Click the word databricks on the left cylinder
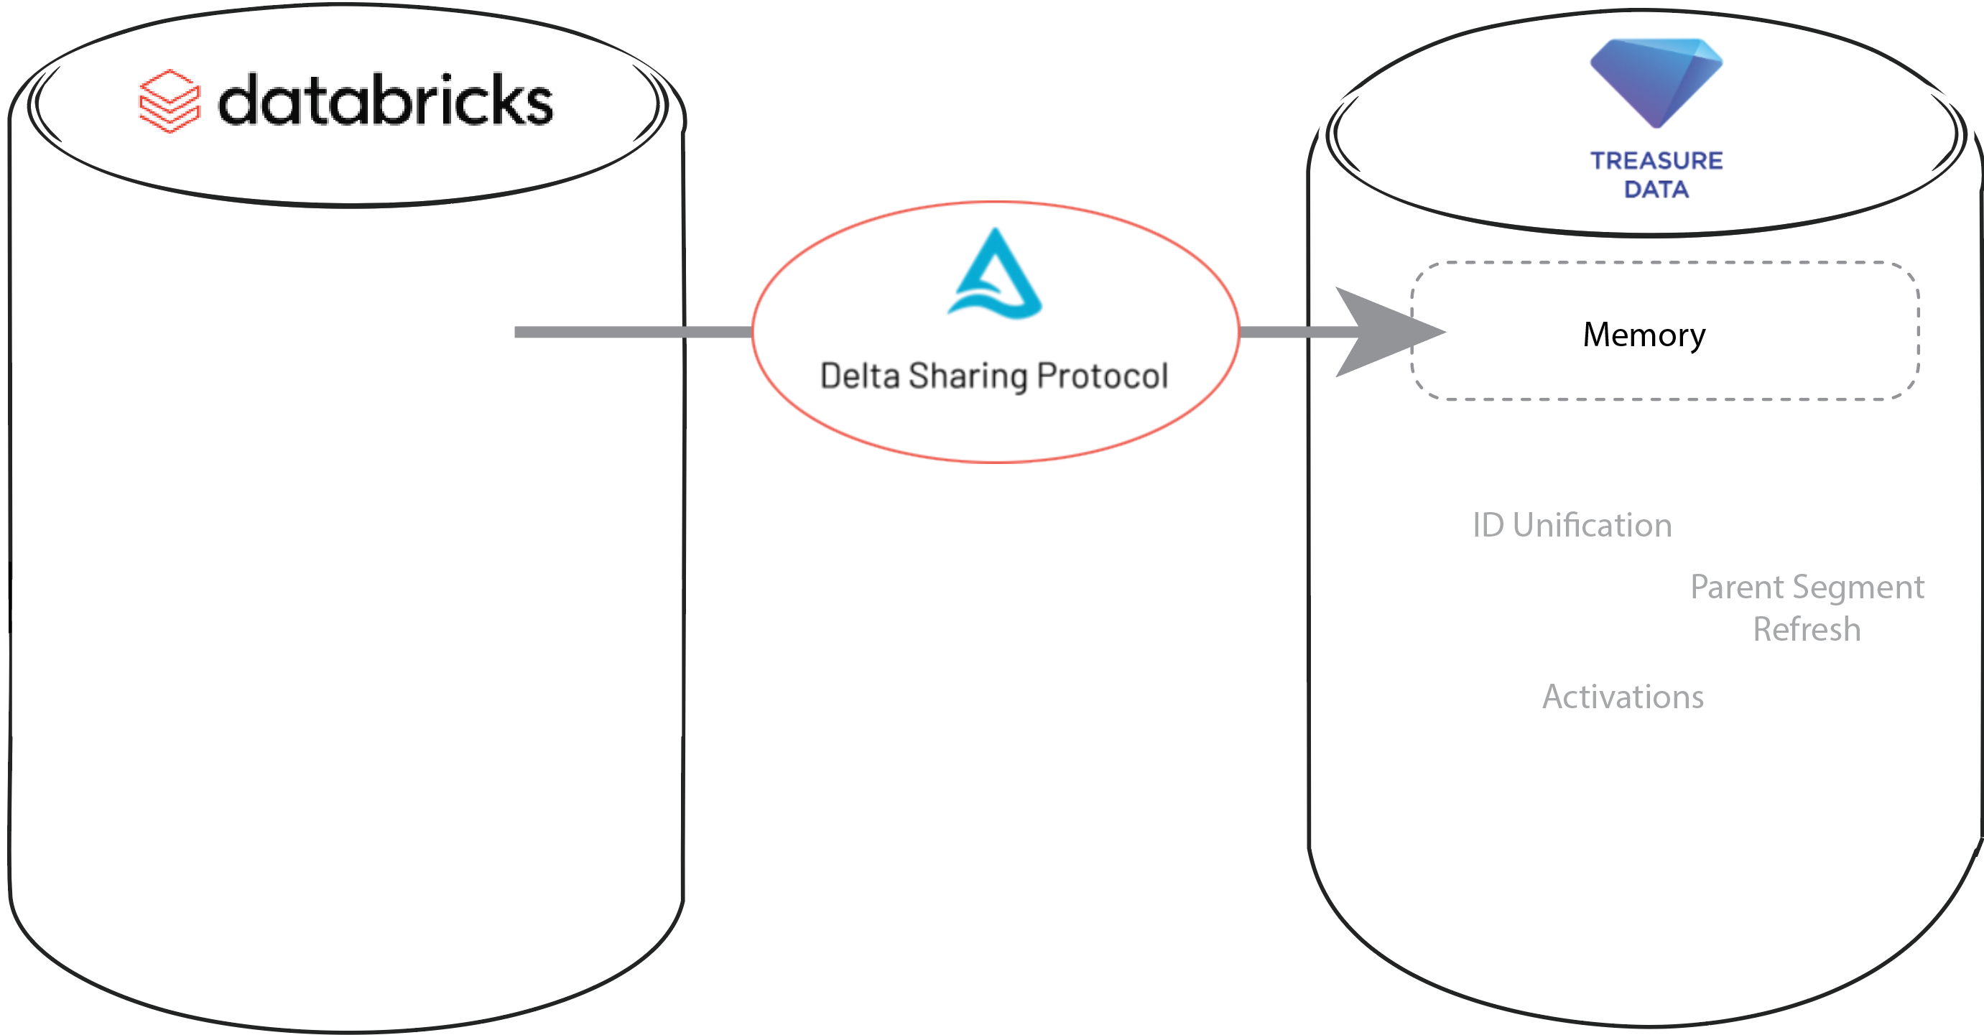click(x=385, y=101)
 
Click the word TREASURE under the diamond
click(x=1656, y=161)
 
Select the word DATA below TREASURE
click(x=1656, y=190)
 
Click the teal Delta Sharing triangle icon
click(x=995, y=275)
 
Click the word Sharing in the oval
click(x=968, y=376)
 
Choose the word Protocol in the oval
click(x=1102, y=376)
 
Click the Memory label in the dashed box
click(x=1644, y=335)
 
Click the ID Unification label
click(x=1572, y=525)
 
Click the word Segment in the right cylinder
click(x=1863, y=588)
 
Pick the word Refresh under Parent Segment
click(x=1807, y=629)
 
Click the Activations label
click(x=1623, y=697)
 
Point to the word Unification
click(x=1592, y=525)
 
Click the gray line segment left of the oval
click(x=631, y=332)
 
